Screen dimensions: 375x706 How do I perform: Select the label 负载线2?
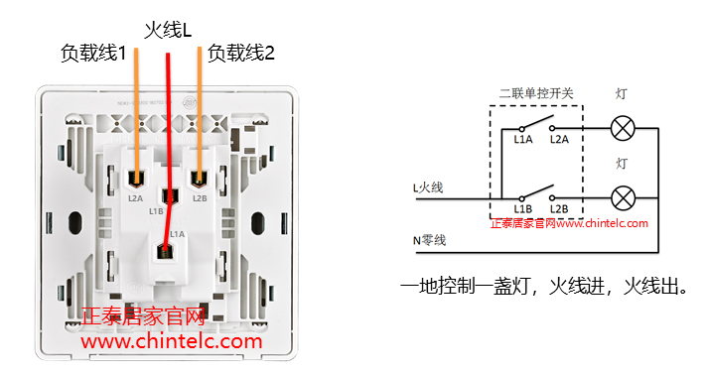point(240,55)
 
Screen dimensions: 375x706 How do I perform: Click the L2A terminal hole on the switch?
point(135,179)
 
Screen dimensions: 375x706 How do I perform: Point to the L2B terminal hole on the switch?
point(200,179)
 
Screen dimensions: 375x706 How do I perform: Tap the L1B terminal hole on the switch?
point(168,194)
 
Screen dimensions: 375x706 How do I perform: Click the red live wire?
point(169,119)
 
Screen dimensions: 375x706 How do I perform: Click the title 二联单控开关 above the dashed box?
point(537,93)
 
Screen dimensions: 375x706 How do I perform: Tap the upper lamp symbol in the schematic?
point(622,128)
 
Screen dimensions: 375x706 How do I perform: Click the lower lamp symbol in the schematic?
point(622,196)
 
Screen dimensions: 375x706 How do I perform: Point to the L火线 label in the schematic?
point(430,186)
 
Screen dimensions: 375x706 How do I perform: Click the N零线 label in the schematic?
point(430,239)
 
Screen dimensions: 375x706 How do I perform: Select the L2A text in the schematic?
point(559,141)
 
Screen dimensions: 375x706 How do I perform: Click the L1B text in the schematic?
point(523,209)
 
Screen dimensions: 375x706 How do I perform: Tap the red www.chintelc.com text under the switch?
point(171,342)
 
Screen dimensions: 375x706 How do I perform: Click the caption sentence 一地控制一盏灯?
point(467,288)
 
